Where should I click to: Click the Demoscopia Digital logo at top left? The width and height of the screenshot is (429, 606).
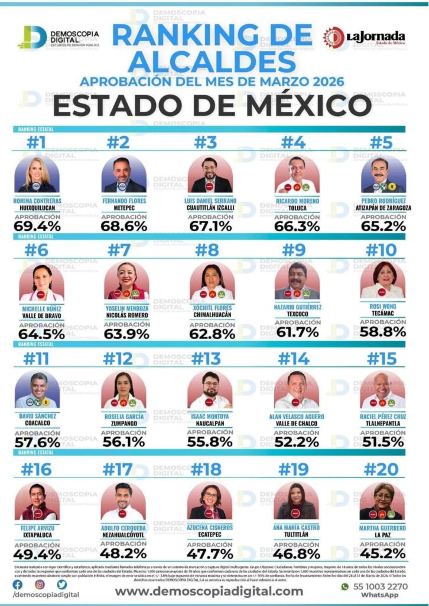pos(59,38)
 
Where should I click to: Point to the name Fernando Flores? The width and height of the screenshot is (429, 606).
pos(123,201)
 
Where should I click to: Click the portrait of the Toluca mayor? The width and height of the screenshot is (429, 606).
pos(297,175)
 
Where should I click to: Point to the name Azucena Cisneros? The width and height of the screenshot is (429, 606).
pos(210,527)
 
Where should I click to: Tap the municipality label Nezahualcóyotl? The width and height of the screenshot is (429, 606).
pos(123,534)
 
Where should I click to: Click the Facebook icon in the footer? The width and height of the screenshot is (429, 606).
pos(17,584)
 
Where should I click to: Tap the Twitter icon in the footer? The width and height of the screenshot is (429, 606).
pos(61,584)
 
